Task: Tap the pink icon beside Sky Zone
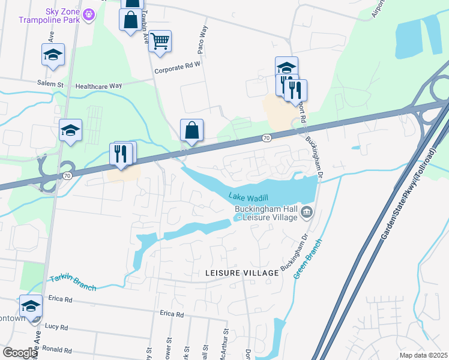tap(89, 14)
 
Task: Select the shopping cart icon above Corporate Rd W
tap(160, 41)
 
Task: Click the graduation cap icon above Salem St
tap(53, 55)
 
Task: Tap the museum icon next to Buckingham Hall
tap(307, 211)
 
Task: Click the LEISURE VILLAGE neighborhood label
tap(242, 273)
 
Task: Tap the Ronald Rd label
tap(58, 350)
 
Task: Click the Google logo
tap(20, 353)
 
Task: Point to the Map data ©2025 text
tap(423, 355)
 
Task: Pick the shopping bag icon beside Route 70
tap(192, 130)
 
